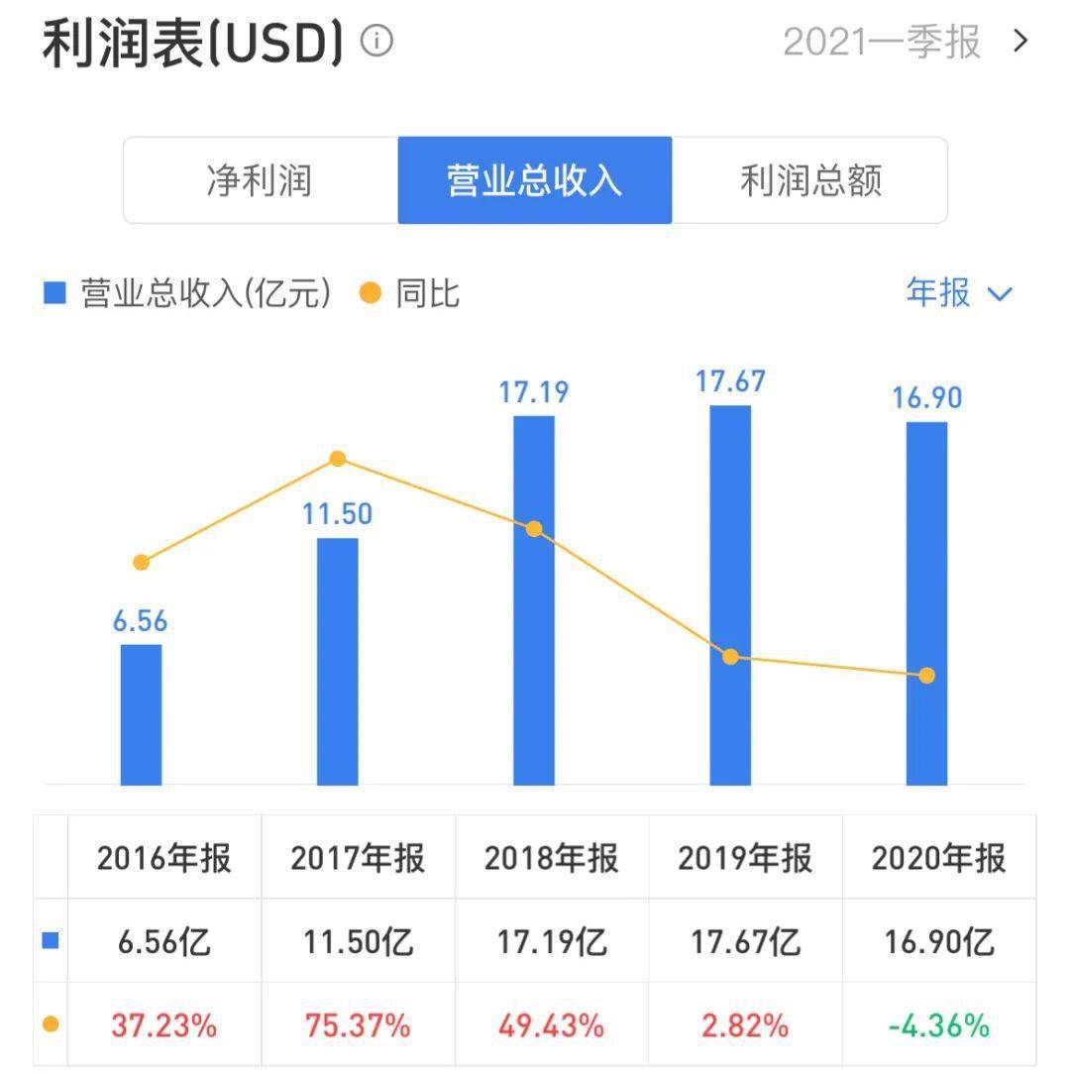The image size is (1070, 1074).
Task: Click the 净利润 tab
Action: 260,180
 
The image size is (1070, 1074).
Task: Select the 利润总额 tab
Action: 810,180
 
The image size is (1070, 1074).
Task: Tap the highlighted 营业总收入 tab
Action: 535,180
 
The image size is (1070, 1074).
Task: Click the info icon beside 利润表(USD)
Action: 376,42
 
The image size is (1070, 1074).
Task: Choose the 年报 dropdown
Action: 958,293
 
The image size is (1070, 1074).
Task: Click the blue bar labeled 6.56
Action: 141,713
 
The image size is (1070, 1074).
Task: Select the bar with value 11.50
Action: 337,661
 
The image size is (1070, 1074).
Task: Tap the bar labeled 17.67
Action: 730,594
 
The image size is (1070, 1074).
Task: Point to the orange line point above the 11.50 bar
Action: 337,459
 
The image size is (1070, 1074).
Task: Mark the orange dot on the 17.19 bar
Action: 534,529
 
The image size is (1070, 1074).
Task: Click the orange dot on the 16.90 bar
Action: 926,676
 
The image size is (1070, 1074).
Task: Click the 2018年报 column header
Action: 552,858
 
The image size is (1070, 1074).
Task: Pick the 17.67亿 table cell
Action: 745,941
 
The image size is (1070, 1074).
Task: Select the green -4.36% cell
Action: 938,1025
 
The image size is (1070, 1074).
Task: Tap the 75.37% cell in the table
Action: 358,1025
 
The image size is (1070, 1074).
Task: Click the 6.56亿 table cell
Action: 162,941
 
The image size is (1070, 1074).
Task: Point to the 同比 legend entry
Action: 412,293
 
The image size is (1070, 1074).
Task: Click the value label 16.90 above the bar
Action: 926,398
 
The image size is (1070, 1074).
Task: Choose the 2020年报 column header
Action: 938,858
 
